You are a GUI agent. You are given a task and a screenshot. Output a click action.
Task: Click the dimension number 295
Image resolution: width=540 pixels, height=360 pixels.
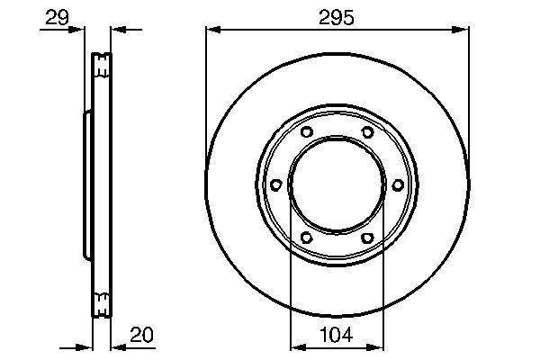pos(337,17)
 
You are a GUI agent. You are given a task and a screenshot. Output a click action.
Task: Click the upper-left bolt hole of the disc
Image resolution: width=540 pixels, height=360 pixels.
pos(305,133)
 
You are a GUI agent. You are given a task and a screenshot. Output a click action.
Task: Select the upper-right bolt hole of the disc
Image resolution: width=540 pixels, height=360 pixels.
pos(367,133)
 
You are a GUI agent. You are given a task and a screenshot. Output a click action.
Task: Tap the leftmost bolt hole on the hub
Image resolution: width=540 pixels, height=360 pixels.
pos(275,185)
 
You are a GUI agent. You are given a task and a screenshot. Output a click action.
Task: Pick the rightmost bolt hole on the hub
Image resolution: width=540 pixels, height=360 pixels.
pos(397,185)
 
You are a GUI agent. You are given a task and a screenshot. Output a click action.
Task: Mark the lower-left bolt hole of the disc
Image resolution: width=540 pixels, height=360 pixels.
pos(305,238)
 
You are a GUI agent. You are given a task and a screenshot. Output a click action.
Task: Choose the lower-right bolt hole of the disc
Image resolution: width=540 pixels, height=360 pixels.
pos(367,238)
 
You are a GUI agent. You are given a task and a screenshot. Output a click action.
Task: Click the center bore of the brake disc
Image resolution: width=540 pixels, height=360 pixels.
pos(337,185)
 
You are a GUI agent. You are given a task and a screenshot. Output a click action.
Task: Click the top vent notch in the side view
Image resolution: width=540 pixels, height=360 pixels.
pos(102,65)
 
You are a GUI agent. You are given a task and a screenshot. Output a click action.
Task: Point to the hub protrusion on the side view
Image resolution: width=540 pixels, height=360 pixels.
pos(87,185)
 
